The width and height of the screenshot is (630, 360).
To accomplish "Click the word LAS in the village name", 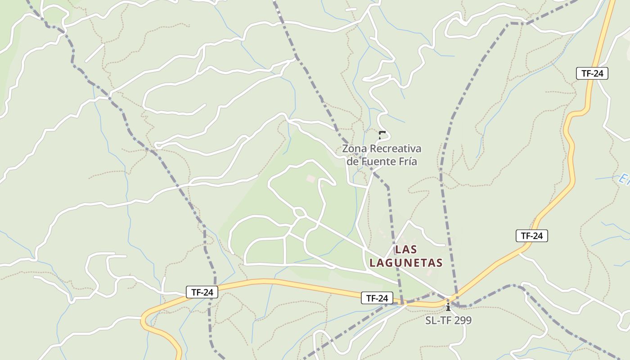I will click(406, 249).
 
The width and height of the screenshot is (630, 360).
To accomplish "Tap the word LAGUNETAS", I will click(406, 263).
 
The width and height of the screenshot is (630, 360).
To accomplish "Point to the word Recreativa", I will click(396, 148).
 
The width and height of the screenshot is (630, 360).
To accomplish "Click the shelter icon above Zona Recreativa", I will click(382, 135).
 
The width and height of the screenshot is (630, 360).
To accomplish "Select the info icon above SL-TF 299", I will click(448, 307).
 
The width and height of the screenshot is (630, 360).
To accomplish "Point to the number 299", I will click(463, 320).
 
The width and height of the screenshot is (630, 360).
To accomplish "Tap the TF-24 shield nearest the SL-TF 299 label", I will click(377, 298).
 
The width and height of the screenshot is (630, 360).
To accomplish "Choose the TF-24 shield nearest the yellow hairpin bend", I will click(202, 292).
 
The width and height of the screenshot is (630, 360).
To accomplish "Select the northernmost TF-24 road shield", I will click(592, 73).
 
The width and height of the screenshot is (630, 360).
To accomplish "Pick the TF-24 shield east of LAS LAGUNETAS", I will click(531, 236).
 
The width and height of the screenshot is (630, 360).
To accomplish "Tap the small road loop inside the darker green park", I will click(299, 211).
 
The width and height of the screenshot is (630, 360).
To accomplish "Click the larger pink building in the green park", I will click(311, 179).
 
